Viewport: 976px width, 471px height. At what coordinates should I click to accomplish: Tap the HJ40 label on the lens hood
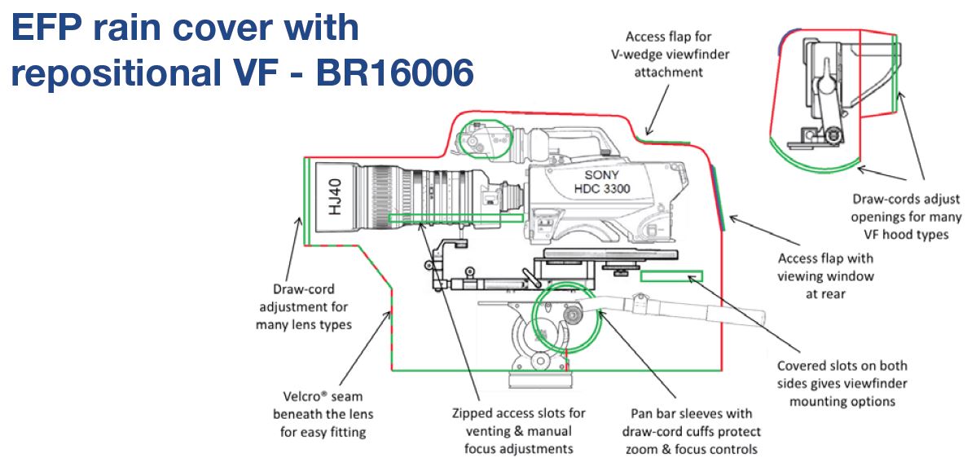[336, 196]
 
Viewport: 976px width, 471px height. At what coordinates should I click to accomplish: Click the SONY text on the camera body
[601, 175]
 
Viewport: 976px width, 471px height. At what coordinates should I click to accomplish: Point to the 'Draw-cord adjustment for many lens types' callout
[304, 306]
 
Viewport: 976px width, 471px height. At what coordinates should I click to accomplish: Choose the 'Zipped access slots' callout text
[518, 430]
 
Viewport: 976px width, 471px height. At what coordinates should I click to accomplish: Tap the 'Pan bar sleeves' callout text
[691, 430]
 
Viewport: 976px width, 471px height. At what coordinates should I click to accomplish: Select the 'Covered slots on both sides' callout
[842, 383]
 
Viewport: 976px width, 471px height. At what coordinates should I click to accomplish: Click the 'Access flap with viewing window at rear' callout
[825, 275]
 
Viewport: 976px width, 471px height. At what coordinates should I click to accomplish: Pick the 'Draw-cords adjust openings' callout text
[906, 217]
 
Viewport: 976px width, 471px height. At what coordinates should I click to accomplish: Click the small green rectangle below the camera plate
[671, 275]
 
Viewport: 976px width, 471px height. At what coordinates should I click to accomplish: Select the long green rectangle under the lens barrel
[455, 218]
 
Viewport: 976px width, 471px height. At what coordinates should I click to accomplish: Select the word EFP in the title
[47, 28]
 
